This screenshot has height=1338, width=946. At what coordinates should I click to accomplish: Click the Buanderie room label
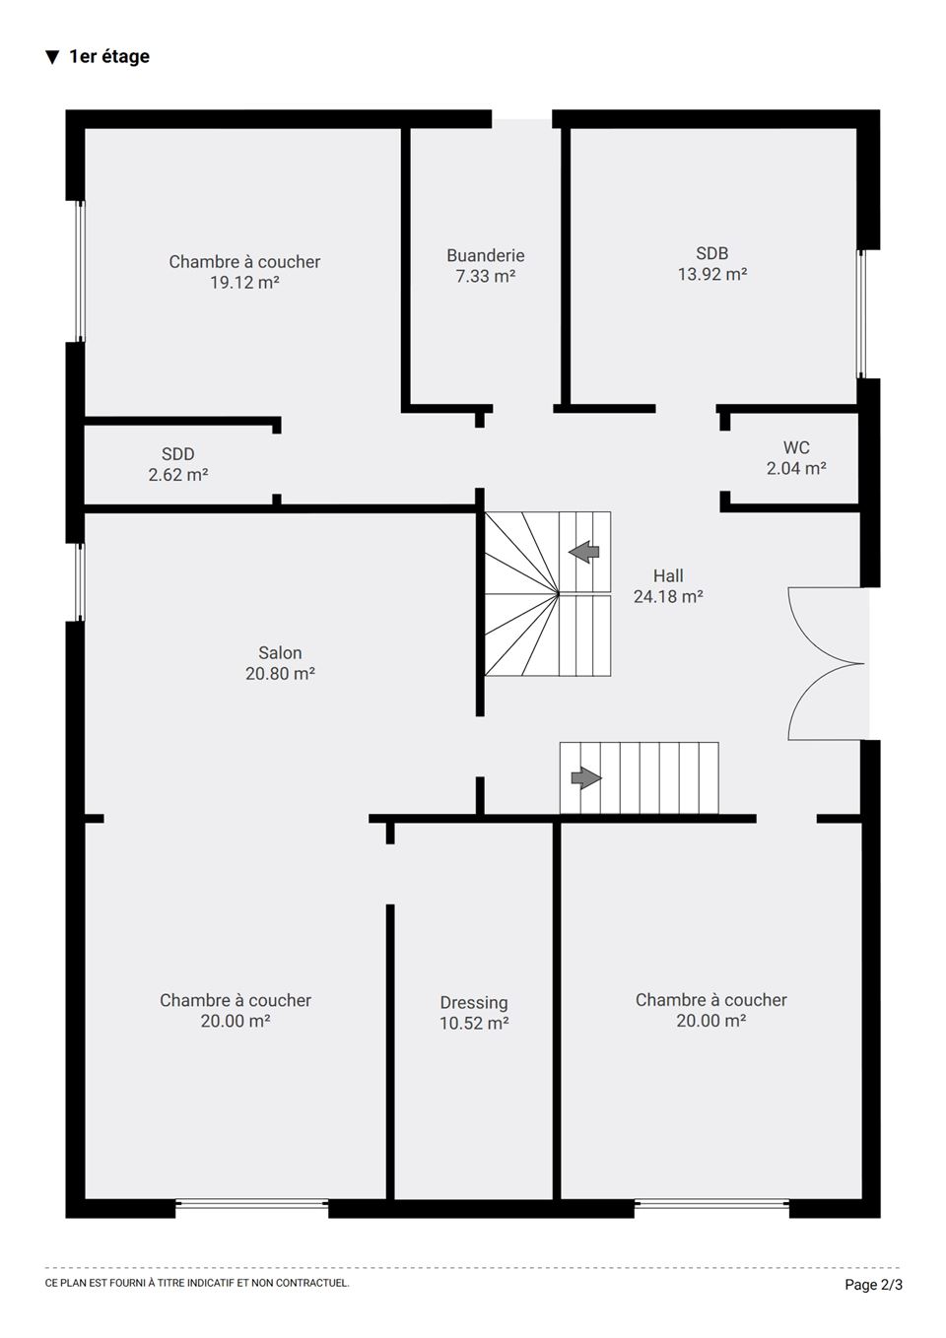[x=486, y=255]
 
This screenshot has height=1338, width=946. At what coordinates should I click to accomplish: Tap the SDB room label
[x=711, y=253]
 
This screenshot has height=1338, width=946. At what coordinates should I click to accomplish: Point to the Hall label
[x=668, y=575]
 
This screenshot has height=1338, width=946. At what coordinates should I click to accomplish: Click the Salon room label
[x=280, y=653]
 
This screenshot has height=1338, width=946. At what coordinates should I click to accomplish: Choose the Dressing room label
[x=474, y=1003]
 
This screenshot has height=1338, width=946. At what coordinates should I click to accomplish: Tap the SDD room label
[x=178, y=454]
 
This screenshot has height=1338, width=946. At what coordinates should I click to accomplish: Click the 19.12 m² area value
[x=244, y=282]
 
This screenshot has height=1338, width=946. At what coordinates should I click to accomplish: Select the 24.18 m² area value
[x=668, y=596]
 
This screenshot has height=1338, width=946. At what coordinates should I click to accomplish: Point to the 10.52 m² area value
[x=474, y=1024]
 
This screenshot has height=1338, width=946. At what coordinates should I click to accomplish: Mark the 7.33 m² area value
[x=486, y=276]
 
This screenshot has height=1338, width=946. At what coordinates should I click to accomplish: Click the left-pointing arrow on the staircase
[x=583, y=552]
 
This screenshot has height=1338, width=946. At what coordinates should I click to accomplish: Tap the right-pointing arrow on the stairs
[x=586, y=777]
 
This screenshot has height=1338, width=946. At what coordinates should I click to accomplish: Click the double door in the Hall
[x=827, y=664]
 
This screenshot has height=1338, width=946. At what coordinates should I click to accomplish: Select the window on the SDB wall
[x=860, y=314]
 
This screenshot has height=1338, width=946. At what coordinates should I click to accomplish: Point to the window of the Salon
[x=80, y=582]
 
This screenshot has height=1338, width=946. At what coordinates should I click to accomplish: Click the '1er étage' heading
[x=109, y=57]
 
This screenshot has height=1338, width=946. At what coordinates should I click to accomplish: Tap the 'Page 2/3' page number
[x=873, y=1284]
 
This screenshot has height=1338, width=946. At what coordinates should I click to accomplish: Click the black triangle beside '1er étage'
[x=52, y=57]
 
